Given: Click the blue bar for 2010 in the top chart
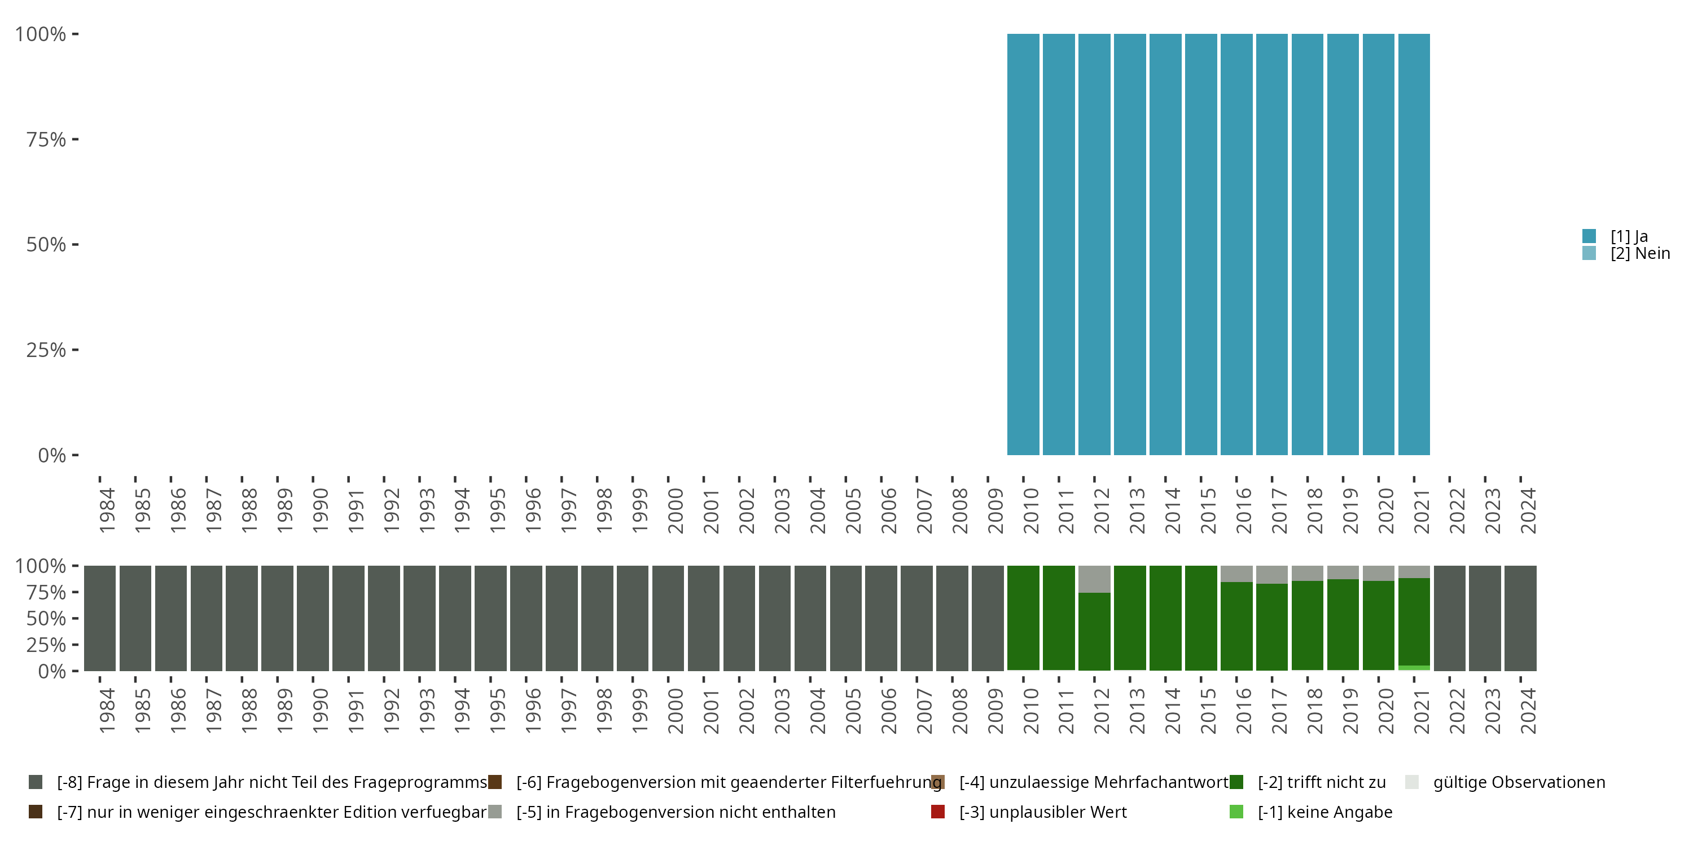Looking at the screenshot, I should [1023, 244].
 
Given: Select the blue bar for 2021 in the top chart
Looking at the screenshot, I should [1414, 244].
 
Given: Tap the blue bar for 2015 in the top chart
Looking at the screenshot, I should [1201, 244].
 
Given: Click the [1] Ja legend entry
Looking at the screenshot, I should [1629, 236].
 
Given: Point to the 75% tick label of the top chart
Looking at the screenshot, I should [46, 139].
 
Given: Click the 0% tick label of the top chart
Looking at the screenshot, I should [52, 455].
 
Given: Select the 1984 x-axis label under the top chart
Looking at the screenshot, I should [107, 510].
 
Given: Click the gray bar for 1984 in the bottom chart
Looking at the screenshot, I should [100, 618].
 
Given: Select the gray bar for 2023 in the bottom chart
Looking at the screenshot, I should [1485, 618].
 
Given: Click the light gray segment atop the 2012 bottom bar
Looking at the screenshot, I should [1094, 579].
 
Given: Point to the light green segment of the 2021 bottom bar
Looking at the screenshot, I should [1414, 668].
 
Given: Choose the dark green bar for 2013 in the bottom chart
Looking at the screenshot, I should [1130, 618].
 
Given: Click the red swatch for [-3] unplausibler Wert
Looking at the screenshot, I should [938, 812].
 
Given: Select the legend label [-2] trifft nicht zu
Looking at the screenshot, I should [1321, 782].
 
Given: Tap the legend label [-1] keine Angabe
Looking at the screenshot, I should [1324, 812].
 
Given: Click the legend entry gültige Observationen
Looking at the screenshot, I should [1518, 782].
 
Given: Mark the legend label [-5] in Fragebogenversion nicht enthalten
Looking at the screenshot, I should [676, 812].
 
